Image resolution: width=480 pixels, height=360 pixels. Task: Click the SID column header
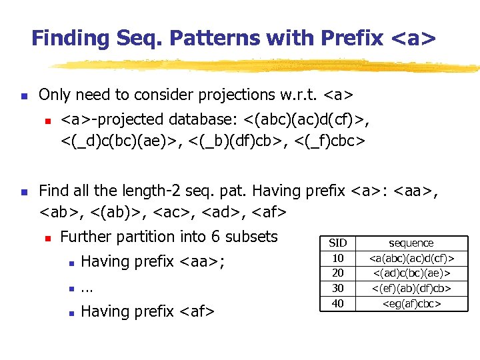click(x=338, y=243)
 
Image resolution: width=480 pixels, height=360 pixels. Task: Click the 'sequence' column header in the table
click(x=411, y=243)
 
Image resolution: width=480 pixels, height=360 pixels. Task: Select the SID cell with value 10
click(x=338, y=258)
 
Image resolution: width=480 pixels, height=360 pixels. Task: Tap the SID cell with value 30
click(x=338, y=288)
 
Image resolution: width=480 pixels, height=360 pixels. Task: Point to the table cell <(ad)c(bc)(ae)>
click(x=411, y=273)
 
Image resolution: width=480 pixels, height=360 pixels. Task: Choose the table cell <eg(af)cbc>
click(x=411, y=303)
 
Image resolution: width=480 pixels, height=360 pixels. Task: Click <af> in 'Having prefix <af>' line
click(x=197, y=311)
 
